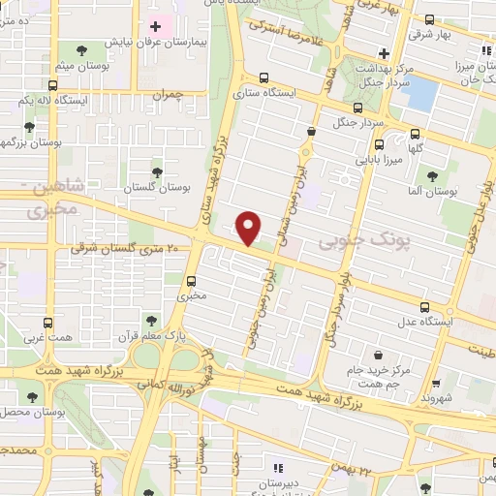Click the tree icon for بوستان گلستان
(x=157, y=171)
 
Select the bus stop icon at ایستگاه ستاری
(x=263, y=82)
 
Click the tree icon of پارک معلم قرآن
(x=150, y=320)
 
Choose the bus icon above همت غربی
(x=49, y=323)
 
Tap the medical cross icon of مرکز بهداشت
(x=384, y=52)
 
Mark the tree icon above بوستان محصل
(x=32, y=397)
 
